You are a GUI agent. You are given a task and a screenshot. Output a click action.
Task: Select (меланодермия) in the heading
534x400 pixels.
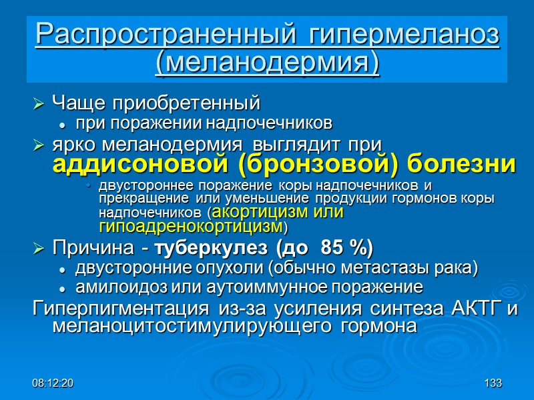(x=267, y=63)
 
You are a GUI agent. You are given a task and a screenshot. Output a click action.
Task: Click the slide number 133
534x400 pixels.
(x=493, y=383)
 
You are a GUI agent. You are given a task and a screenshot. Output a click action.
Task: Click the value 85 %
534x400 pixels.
(x=346, y=249)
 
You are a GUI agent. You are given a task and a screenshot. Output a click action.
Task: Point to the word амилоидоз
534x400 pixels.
(x=115, y=288)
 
